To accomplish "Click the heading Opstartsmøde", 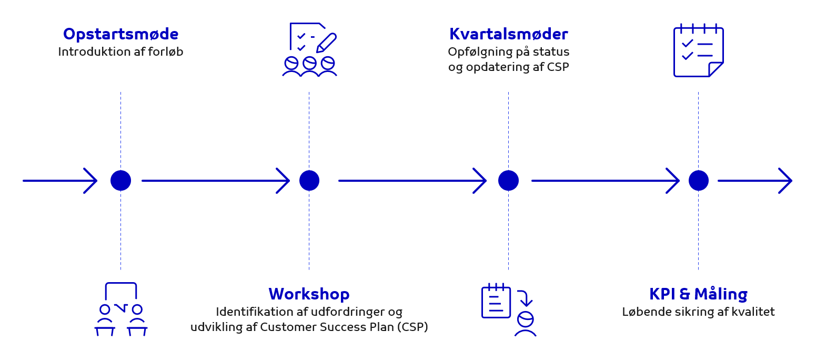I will pos(120,34).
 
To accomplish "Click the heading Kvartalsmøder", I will pos(508,34).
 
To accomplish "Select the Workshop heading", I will pos(309,294).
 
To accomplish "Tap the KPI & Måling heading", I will pos(698,294).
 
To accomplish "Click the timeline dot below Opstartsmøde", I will pos(120,181).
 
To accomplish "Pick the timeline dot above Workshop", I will pos(309,181).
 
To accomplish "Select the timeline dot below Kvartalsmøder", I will pos(508,181).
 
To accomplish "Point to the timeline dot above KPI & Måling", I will pos(698,181).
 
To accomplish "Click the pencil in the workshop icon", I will pos(327,43).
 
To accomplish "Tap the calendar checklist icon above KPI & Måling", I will pos(698,51).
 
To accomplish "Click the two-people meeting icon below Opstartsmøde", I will pos(120,310).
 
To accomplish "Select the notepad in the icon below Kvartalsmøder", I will pos(496,302).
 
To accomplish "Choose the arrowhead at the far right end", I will pos(786,181).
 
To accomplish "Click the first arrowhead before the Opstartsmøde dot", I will pos(91,181).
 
